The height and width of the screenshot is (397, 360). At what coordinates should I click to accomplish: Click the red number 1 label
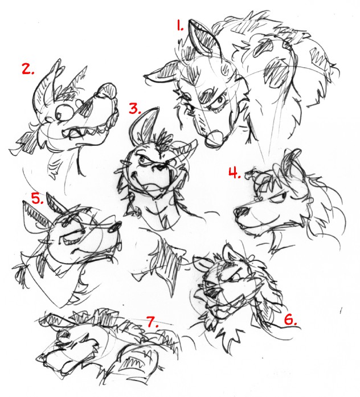tap(180, 26)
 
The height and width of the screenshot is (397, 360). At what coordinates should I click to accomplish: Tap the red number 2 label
tap(27, 68)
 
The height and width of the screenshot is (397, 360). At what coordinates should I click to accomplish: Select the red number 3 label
tap(134, 108)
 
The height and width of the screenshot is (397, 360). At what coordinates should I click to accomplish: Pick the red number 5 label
tap(38, 198)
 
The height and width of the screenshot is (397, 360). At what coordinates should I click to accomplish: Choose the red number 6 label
tap(291, 320)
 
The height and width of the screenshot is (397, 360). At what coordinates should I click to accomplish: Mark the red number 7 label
tap(153, 322)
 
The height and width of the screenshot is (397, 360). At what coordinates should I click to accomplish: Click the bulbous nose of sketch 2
tap(108, 91)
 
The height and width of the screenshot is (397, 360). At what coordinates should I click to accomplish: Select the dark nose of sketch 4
tap(241, 212)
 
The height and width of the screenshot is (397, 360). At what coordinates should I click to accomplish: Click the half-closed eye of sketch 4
tap(279, 197)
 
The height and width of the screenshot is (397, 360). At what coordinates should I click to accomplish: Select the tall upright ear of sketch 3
tap(144, 124)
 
